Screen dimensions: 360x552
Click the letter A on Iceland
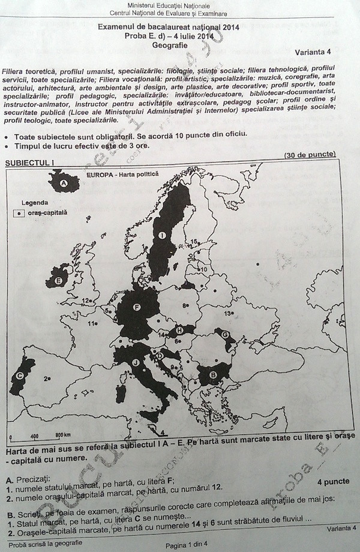pos(64,182)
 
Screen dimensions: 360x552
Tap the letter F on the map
pos(137,308)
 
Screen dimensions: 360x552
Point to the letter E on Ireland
pos(59,280)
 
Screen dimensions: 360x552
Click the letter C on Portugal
pos(20,376)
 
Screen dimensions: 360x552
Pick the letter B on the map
pos(212,375)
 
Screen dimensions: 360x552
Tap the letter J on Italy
pos(136,362)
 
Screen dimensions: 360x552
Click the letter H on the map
pos(179,330)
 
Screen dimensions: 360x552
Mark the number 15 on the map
pos(194,241)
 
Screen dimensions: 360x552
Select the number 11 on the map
pos(93,324)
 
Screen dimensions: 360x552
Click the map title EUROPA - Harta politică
pos(122,175)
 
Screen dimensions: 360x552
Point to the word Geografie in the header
pos(170,44)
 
